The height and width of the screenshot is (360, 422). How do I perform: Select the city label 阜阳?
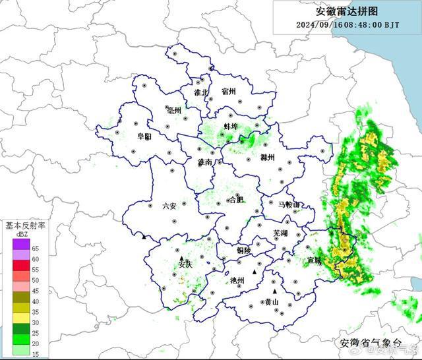[144, 136]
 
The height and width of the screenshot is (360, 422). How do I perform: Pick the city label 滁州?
[267, 158]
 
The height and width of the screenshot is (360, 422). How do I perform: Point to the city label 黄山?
[272, 302]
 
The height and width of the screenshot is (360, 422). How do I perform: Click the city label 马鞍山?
[288, 205]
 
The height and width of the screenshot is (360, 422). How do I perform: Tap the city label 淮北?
[200, 93]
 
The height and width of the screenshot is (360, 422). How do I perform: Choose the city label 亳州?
[175, 110]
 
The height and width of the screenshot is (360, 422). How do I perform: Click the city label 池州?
[237, 280]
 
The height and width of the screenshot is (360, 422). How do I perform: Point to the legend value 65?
[35, 249]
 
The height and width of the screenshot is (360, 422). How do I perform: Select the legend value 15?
[35, 354]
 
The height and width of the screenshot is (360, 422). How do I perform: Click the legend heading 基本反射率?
[25, 225]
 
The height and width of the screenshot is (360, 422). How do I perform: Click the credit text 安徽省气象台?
[370, 343]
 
